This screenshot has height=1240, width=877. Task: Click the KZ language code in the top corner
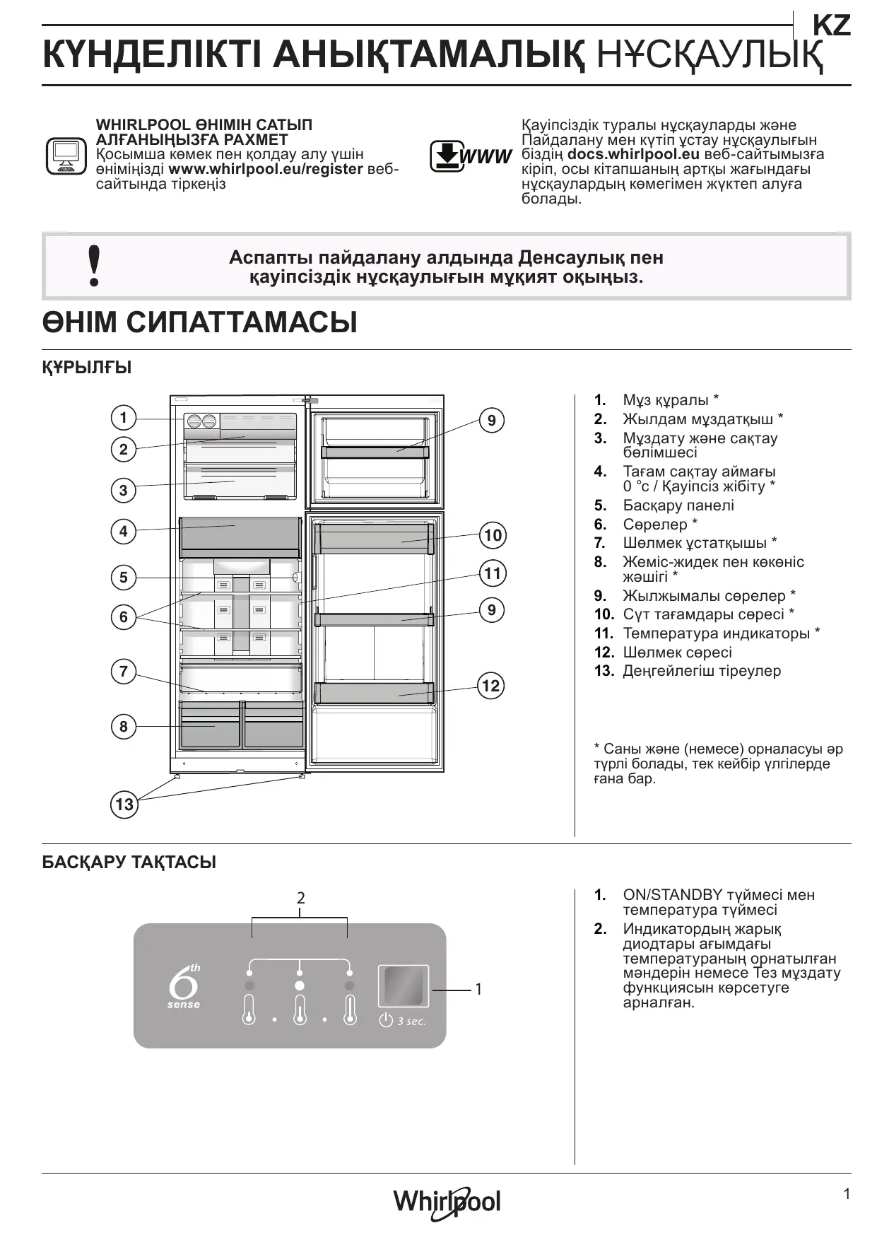point(831,26)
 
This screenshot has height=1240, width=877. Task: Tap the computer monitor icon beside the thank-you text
point(66,156)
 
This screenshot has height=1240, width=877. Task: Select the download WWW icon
point(470,156)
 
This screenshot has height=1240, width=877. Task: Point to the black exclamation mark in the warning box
point(94,266)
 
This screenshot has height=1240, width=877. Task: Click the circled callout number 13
point(124,804)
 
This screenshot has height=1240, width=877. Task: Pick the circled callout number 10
point(493,535)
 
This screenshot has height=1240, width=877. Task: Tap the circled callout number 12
point(490,685)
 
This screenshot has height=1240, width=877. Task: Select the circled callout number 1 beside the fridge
point(124,417)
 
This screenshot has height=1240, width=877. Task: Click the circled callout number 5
point(124,578)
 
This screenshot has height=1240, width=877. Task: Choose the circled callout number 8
point(124,726)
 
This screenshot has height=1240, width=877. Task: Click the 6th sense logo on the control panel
point(184,985)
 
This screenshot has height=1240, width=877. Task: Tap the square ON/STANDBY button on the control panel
point(403,985)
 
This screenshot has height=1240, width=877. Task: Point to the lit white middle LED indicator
point(300,985)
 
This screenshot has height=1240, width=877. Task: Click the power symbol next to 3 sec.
point(386,1020)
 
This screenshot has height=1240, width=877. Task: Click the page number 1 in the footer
point(847,1194)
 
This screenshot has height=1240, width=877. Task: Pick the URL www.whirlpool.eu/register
point(266,170)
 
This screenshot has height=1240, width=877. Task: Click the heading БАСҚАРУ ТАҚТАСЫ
point(129,862)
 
